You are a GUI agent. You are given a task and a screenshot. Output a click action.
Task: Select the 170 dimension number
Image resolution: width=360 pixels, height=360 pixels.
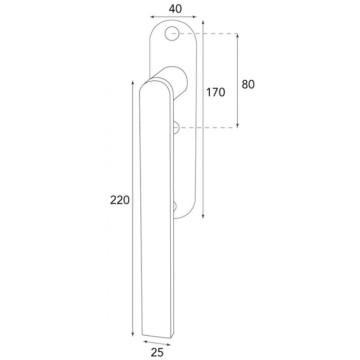[x=216, y=93]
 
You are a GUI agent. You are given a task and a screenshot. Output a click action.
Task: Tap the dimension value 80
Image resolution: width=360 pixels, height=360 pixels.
[x=248, y=84]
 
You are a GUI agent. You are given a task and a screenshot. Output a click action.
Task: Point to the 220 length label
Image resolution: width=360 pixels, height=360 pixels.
[x=119, y=200]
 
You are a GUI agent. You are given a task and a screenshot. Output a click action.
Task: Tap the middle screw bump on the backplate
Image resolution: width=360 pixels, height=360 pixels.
[x=175, y=127]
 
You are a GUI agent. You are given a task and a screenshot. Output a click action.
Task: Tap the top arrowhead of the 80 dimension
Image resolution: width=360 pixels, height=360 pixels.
[x=238, y=37]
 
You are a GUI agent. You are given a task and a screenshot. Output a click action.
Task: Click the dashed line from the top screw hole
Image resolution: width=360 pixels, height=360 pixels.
[x=206, y=34]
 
